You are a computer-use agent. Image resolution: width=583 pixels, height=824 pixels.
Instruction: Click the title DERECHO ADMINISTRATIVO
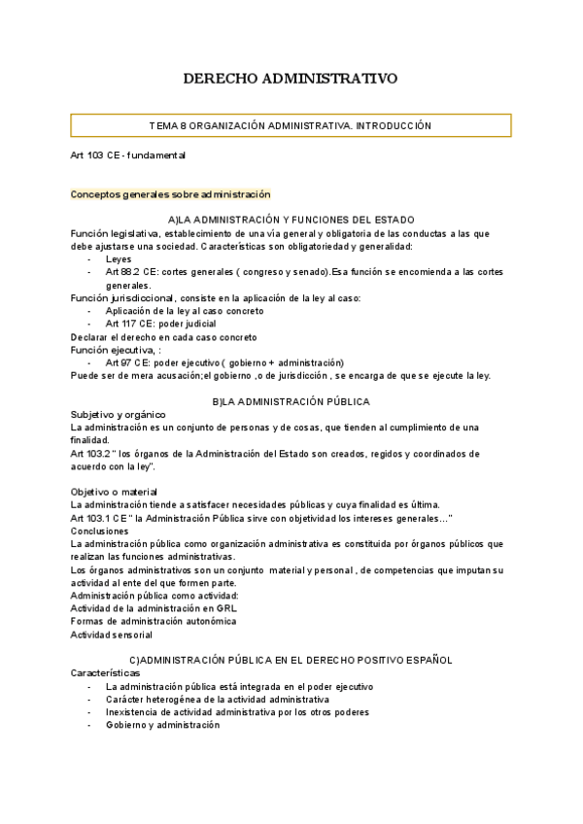pos(291,79)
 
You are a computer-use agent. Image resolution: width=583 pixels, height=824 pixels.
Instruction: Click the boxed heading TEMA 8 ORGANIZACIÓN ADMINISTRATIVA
pos(291,126)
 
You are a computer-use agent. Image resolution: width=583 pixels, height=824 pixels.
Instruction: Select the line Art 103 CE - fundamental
pos(127,155)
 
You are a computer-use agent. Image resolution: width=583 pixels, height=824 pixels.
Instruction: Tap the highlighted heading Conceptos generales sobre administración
pos(170,194)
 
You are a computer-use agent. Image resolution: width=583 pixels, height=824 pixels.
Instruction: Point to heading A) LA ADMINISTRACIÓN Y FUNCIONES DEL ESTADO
pos(291,220)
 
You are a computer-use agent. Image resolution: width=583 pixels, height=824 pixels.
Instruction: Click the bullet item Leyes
pos(119,259)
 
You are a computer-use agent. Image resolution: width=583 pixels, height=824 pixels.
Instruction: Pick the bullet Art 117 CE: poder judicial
pos(160,324)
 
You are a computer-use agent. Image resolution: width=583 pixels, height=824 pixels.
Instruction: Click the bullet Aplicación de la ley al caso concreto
pos(184,311)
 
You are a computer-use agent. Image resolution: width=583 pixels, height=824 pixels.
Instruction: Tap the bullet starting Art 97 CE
pos(224,361)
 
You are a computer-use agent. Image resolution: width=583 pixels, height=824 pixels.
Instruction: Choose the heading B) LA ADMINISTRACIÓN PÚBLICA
pos(291,401)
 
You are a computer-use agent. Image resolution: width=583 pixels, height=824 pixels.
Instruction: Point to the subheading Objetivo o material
pos(114,491)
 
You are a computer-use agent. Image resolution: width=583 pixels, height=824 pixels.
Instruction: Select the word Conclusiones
pos(100,531)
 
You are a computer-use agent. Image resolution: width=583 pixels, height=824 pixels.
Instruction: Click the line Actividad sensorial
pos(111,635)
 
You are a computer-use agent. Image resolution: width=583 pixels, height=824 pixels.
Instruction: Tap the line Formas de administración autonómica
pos(153,621)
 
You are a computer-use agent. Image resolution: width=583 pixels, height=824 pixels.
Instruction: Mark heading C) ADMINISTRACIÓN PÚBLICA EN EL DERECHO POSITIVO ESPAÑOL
pos(291,660)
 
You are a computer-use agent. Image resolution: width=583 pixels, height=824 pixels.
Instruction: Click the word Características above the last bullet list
pos(105,672)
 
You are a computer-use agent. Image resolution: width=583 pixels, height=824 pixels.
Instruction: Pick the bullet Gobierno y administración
pos(163,725)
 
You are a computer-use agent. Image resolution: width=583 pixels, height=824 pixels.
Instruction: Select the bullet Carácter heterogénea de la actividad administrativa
pos(217,699)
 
